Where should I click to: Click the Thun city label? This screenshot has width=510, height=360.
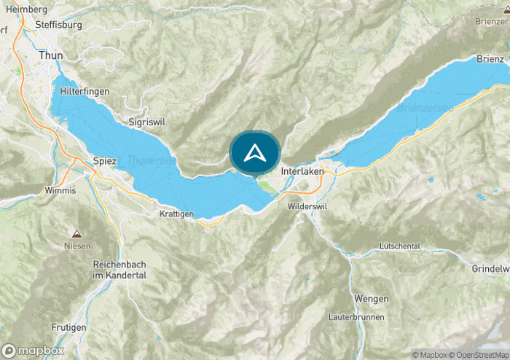pos(51,55)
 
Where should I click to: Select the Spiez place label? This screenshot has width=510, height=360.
pos(105,161)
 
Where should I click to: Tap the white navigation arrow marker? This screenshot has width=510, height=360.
pos(255,153)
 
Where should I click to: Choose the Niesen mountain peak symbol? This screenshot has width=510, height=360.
pos(76,235)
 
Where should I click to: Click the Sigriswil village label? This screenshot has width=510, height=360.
pos(143,122)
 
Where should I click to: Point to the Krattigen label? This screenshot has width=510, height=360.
pos(176,214)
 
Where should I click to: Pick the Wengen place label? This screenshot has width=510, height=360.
pos(366,299)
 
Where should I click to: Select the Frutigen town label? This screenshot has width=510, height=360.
pos(69,327)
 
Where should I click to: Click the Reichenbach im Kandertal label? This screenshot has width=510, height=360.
pos(119,270)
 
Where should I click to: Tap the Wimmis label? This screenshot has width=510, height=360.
pos(60,191)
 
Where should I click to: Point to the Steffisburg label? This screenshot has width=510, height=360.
pos(58,24)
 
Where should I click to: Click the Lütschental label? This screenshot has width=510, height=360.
pos(400,246)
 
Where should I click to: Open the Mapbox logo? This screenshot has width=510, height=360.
pos(33,350)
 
